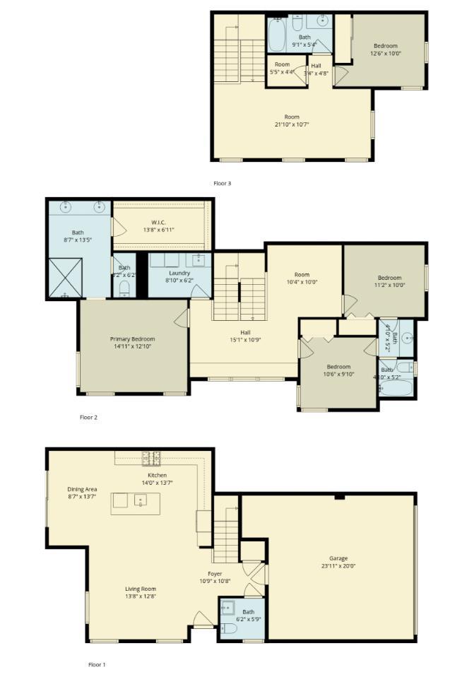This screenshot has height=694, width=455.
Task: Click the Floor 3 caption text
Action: (222, 183)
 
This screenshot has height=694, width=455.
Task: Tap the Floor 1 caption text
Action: (96, 664)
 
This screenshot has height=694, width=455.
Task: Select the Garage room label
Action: (338, 558)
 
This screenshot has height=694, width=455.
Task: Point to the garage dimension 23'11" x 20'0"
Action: (338, 565)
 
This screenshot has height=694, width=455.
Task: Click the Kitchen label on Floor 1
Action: (157, 475)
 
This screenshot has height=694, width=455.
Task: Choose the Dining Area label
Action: (82, 489)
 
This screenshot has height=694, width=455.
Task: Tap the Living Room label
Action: (141, 589)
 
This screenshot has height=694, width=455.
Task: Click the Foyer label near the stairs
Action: (215, 573)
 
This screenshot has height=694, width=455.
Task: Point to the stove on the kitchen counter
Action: (151, 458)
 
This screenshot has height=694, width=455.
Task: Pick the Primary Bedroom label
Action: (132, 339)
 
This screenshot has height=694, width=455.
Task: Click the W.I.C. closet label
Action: (158, 223)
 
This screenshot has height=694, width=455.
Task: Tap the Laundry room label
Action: (179, 273)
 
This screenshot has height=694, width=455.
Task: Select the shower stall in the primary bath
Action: (66, 277)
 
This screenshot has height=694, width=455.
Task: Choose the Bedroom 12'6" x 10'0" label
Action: (385, 46)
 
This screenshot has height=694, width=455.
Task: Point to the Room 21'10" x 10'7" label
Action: (292, 117)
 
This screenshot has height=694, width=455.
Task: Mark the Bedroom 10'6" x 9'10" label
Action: (338, 367)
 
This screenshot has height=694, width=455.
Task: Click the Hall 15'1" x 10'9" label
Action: (245, 332)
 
